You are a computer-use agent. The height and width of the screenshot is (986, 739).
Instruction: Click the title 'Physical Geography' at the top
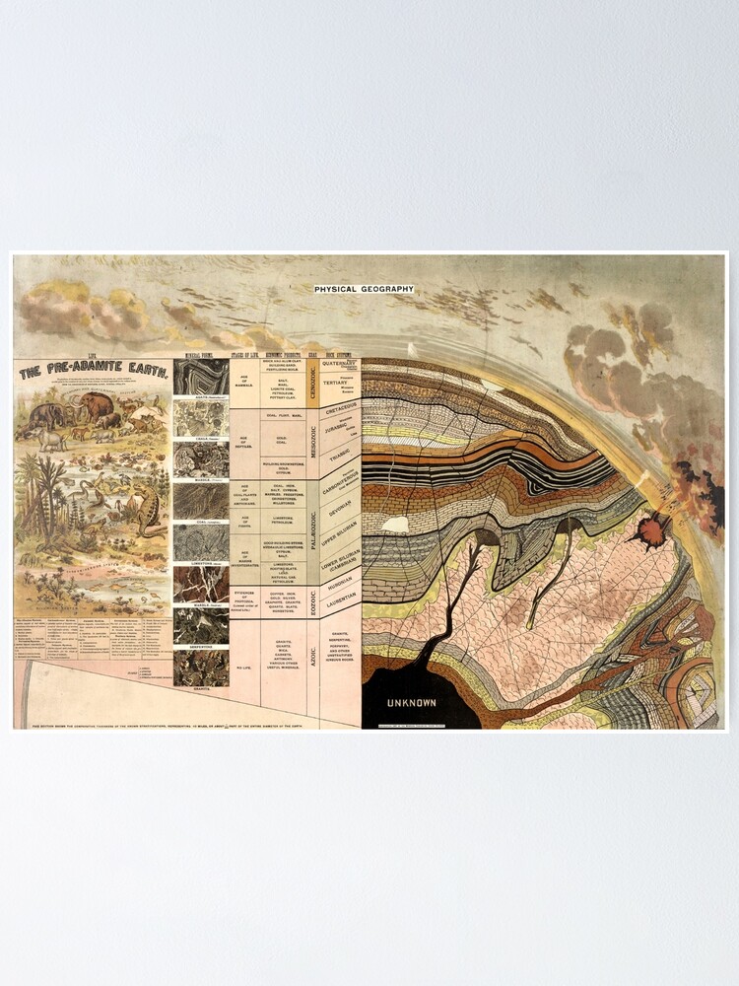(x=364, y=289)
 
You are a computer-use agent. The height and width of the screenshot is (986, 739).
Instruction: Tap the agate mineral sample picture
(x=200, y=377)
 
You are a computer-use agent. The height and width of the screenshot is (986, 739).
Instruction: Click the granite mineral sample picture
(x=200, y=668)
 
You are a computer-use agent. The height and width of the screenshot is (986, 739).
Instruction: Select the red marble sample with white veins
(x=200, y=583)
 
